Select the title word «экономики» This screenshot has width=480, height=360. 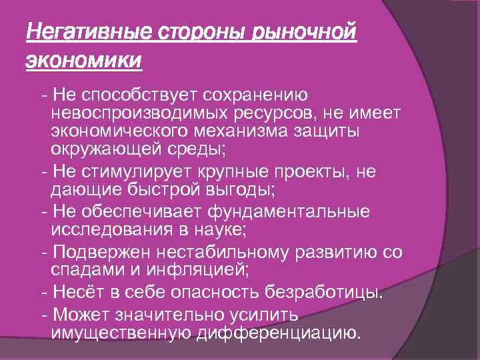[x=83, y=61]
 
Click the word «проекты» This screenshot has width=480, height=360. [x=309, y=171]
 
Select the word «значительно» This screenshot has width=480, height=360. [x=171, y=314]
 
